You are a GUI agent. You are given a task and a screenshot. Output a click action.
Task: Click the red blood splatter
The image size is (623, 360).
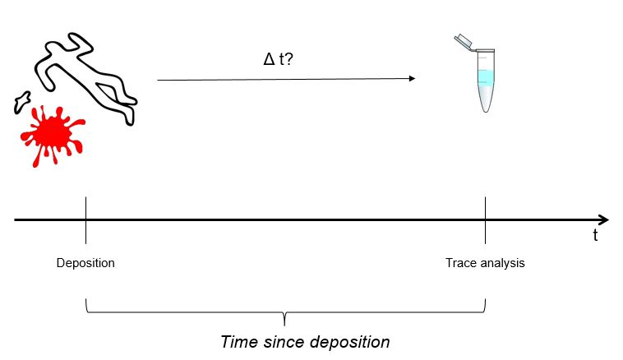coord(51,132)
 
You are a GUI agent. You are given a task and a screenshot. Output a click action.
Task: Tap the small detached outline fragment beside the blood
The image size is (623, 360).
coord(21,102)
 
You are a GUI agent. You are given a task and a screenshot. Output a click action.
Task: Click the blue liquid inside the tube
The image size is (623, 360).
coord(486,79)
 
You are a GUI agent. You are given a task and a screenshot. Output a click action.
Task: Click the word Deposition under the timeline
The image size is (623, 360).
coord(85,263)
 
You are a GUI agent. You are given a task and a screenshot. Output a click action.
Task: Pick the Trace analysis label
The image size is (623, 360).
coord(485,263)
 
